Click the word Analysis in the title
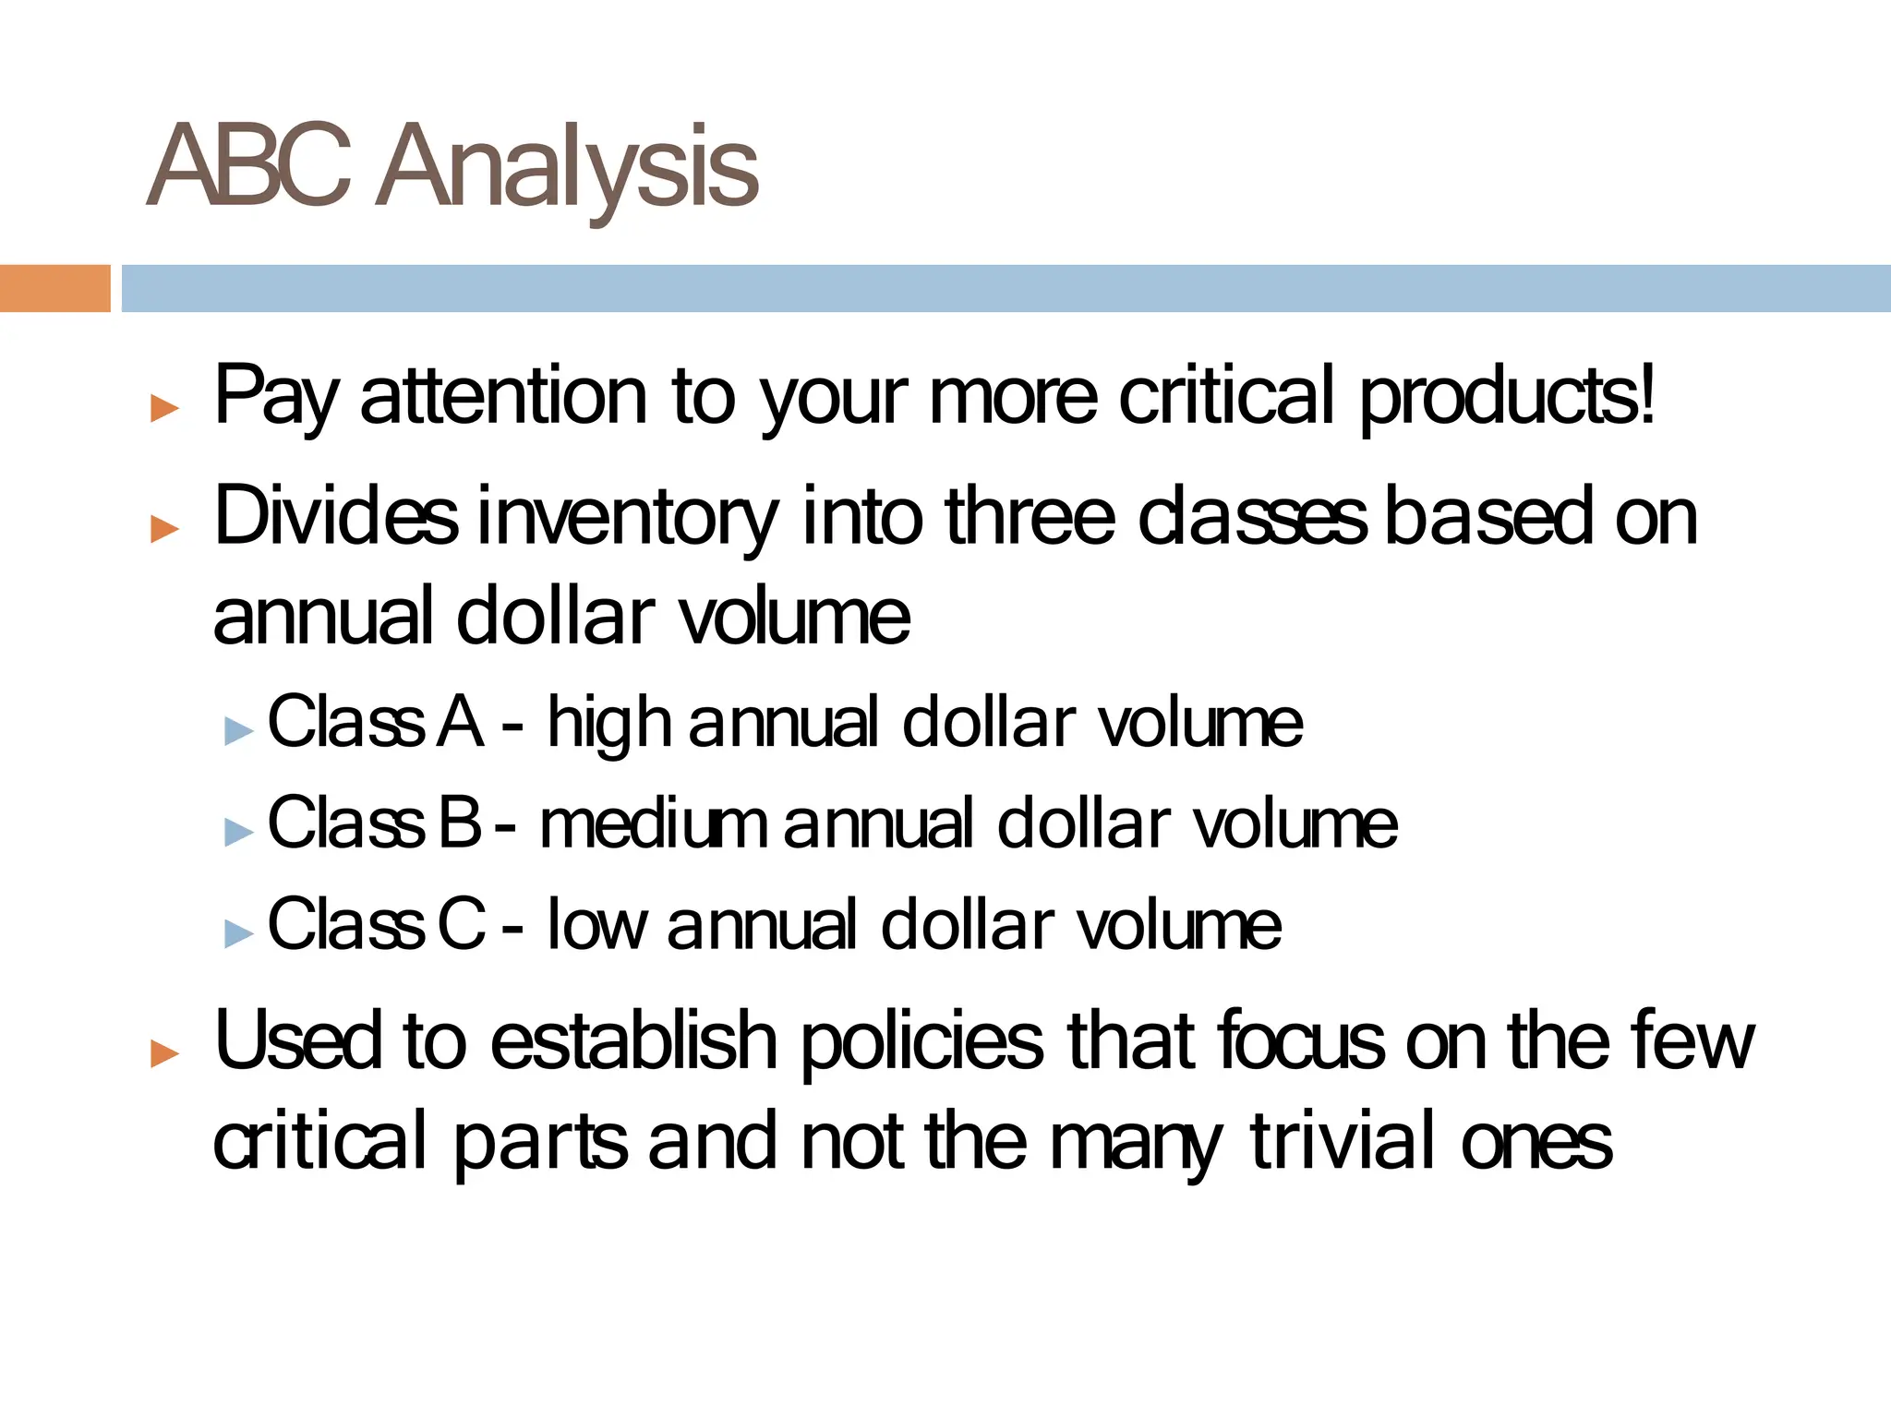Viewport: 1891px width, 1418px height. tap(568, 168)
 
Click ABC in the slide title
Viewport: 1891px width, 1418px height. tap(249, 166)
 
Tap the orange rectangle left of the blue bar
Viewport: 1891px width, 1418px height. tap(54, 288)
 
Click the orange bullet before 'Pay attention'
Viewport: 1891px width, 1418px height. tap(164, 407)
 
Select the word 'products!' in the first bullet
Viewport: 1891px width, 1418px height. tap(1507, 397)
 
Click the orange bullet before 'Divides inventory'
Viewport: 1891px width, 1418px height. tap(164, 528)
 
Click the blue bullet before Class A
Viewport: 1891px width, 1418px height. tap(238, 731)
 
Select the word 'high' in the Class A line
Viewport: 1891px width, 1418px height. tap(608, 723)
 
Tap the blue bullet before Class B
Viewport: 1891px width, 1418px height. tap(238, 833)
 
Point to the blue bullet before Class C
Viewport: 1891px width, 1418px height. tap(238, 933)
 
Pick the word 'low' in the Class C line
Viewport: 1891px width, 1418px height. tap(596, 924)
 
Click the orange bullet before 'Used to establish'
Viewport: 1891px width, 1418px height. tap(164, 1052)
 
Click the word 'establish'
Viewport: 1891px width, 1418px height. tap(633, 1041)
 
